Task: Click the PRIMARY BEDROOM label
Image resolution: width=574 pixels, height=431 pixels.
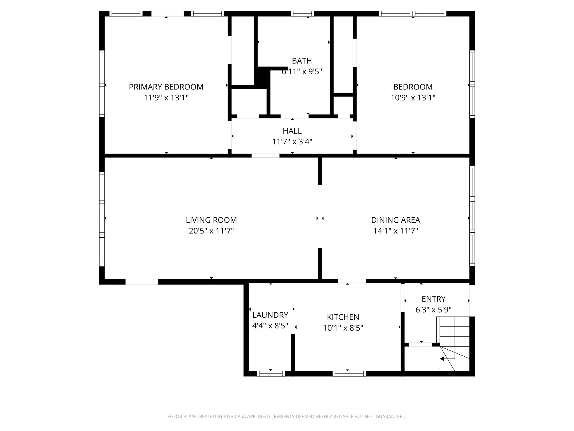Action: pyautogui.click(x=166, y=87)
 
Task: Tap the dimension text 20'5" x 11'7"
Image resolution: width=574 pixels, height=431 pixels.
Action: pyautogui.click(x=211, y=231)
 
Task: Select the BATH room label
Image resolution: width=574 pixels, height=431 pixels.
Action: pyautogui.click(x=302, y=61)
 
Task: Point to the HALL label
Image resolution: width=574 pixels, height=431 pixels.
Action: pyautogui.click(x=292, y=131)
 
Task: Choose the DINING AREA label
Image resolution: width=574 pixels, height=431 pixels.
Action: pyautogui.click(x=395, y=220)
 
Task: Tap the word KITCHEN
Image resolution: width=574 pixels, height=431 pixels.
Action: pyautogui.click(x=343, y=317)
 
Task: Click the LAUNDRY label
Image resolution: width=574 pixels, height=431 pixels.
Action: pyautogui.click(x=270, y=315)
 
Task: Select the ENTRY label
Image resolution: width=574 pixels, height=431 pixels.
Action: pyautogui.click(x=433, y=299)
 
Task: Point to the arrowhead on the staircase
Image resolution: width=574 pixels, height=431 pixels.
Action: pyautogui.click(x=442, y=359)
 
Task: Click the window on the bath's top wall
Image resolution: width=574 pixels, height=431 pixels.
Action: pyautogui.click(x=302, y=13)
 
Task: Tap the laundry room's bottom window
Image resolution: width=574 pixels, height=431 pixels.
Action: pyautogui.click(x=271, y=373)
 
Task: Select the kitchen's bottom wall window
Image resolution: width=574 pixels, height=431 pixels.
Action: pyautogui.click(x=349, y=373)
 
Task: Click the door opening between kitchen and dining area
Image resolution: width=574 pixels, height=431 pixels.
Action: pyautogui.click(x=351, y=281)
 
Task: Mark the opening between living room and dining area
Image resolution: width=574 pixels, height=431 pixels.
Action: pyautogui.click(x=320, y=216)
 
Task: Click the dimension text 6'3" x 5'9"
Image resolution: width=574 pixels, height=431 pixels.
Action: pyautogui.click(x=433, y=310)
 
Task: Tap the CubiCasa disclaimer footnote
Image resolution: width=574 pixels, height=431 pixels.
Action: pyautogui.click(x=287, y=416)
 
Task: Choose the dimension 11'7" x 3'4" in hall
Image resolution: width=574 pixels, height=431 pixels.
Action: pyautogui.click(x=292, y=142)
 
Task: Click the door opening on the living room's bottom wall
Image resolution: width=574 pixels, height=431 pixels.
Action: pyautogui.click(x=142, y=282)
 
